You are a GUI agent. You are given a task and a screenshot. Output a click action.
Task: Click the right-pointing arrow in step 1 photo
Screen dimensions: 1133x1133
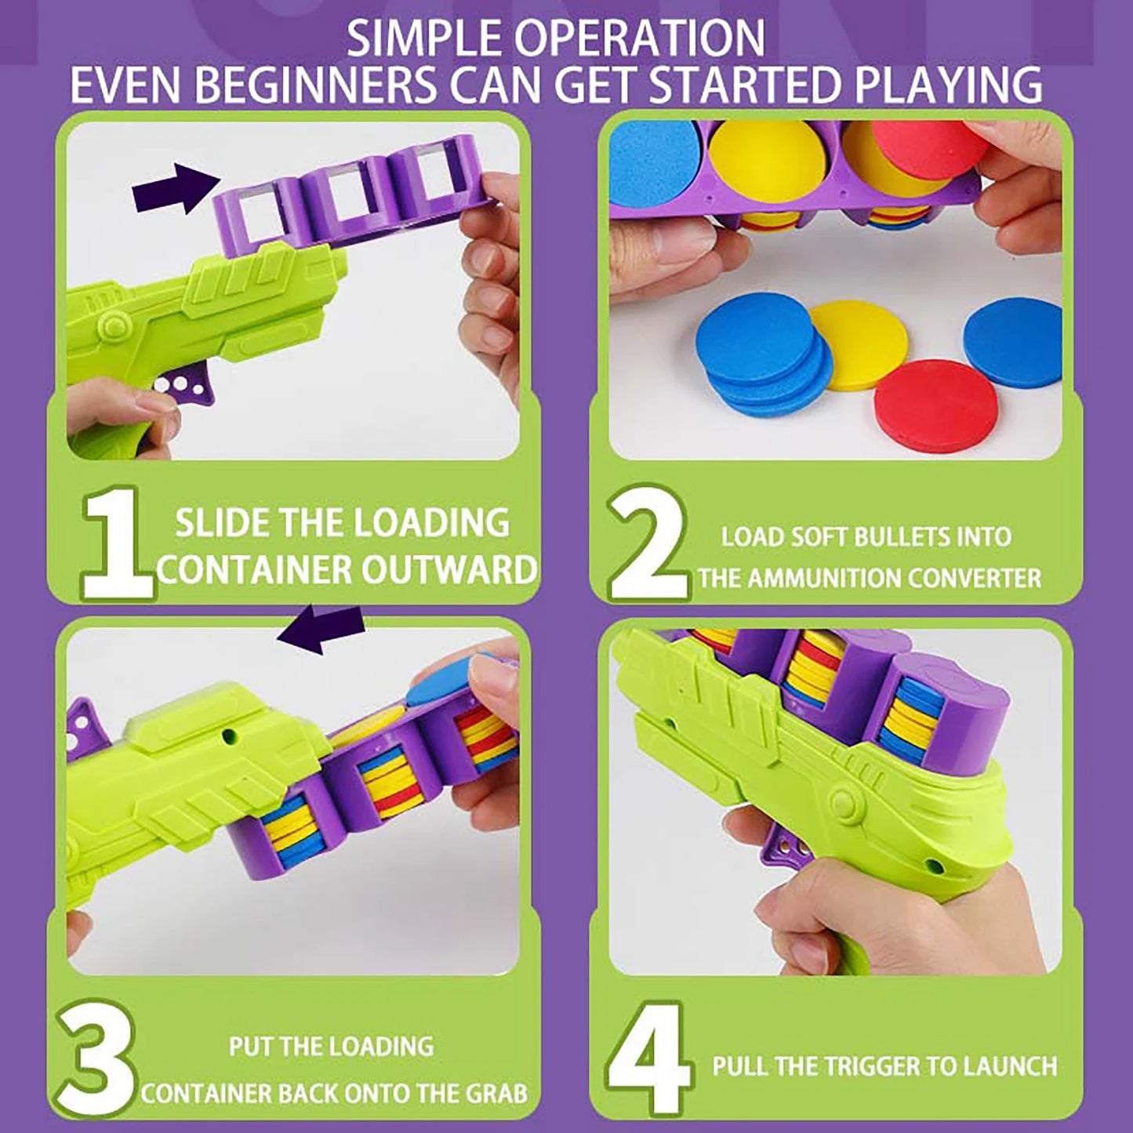(176, 190)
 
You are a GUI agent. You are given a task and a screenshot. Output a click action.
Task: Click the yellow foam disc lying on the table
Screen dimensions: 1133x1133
(846, 346)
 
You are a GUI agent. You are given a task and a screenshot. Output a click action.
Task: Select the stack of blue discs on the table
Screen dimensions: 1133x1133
(762, 361)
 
